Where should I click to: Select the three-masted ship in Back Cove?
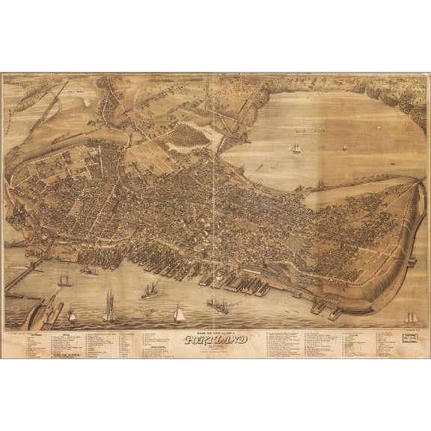point(296,148)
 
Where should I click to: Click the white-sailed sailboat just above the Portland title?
point(179,314)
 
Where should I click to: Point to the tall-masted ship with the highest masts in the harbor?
point(109,307)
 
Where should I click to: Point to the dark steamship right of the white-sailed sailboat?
point(218,305)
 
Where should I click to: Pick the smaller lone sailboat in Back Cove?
point(343,147)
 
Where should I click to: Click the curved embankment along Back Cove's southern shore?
point(352,183)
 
